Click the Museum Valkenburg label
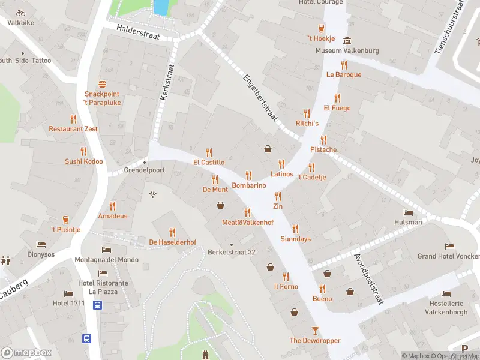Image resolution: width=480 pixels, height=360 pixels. [347, 51]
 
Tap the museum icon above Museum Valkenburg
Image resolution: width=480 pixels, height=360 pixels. [347, 40]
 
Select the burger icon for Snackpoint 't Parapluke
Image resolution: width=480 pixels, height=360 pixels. [102, 85]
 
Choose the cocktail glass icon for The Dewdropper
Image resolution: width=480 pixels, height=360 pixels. [315, 330]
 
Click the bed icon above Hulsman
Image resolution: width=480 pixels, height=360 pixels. [408, 212]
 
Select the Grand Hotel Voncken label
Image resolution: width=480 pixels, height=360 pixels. [448, 256]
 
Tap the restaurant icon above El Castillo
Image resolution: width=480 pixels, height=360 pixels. [209, 152]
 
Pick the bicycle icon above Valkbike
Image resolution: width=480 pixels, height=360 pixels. [20, 13]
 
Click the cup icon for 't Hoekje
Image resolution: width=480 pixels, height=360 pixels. [321, 28]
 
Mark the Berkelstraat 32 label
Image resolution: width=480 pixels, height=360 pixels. [232, 252]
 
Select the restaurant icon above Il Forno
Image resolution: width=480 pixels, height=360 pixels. [286, 277]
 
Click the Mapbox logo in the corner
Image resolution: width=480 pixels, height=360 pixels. [26, 353]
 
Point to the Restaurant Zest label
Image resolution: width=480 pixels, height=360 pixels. [73, 129]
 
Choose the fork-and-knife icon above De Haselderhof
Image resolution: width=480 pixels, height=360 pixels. [173, 232]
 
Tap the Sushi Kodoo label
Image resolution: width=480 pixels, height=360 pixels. [84, 161]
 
